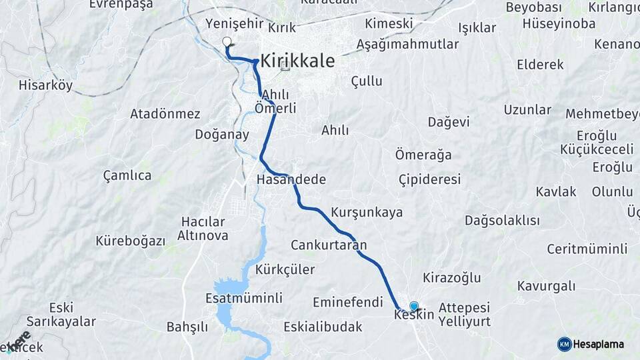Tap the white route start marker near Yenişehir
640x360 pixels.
click(227, 41)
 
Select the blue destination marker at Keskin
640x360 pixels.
click(414, 306)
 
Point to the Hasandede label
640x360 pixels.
click(291, 179)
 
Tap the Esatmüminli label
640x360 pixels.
click(244, 298)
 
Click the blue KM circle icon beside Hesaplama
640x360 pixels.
click(564, 344)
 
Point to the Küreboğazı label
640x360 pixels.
click(130, 241)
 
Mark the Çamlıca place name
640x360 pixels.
click(127, 175)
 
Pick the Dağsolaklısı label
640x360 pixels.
click(502, 220)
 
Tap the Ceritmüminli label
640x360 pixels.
click(587, 249)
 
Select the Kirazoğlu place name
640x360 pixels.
click(452, 277)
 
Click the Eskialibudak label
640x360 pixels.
click(323, 327)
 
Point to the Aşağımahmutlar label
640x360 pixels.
click(408, 44)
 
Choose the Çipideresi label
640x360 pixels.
click(430, 179)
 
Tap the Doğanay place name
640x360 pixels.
click(222, 134)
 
